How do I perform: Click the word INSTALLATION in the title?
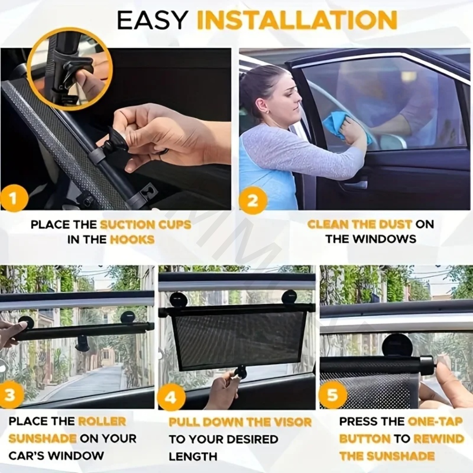tap(297, 20)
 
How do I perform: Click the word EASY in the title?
tap(152, 20)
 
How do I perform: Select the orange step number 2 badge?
tap(254, 200)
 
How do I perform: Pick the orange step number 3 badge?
tap(10, 394)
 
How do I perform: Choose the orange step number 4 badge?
tap(171, 397)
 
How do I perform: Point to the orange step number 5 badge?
tap(333, 394)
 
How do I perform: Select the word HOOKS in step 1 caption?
tap(132, 239)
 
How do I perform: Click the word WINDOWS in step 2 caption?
tap(385, 239)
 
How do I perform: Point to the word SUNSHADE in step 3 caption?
tap(42, 438)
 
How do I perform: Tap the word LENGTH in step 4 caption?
tap(193, 456)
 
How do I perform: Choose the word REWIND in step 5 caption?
tap(438, 438)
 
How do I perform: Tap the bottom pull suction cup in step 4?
tap(241, 372)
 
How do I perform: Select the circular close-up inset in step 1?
tap(70, 69)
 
